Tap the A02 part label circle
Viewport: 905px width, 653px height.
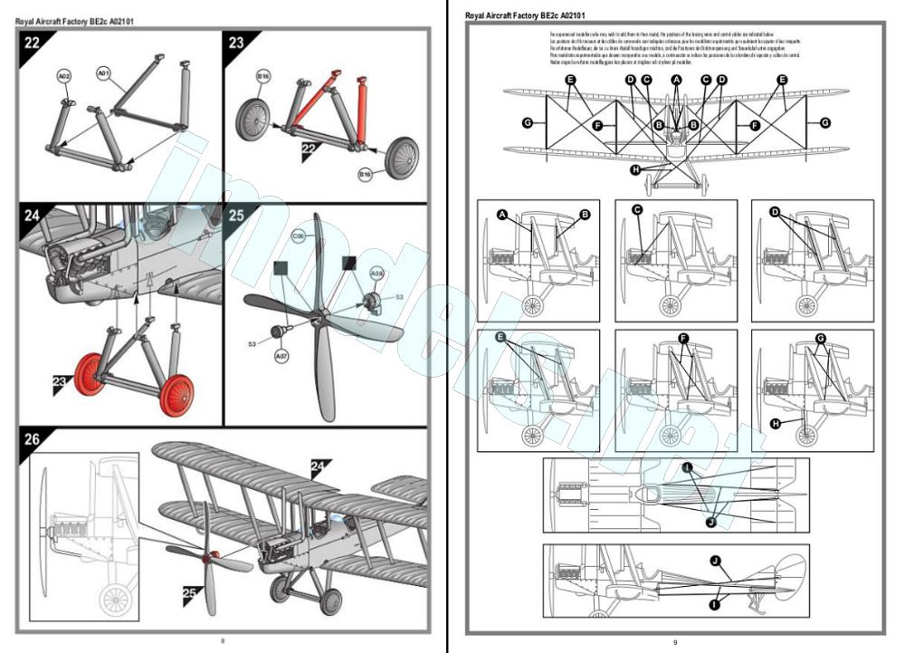[64, 78]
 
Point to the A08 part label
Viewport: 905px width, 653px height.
[376, 273]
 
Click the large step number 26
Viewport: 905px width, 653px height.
[33, 439]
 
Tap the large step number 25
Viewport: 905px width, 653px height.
[237, 216]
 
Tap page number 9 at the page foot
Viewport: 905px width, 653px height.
[675, 642]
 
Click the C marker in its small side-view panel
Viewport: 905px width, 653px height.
[637, 210]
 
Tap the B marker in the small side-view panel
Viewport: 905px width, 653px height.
[585, 214]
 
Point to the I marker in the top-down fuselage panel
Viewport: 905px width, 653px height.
[688, 468]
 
